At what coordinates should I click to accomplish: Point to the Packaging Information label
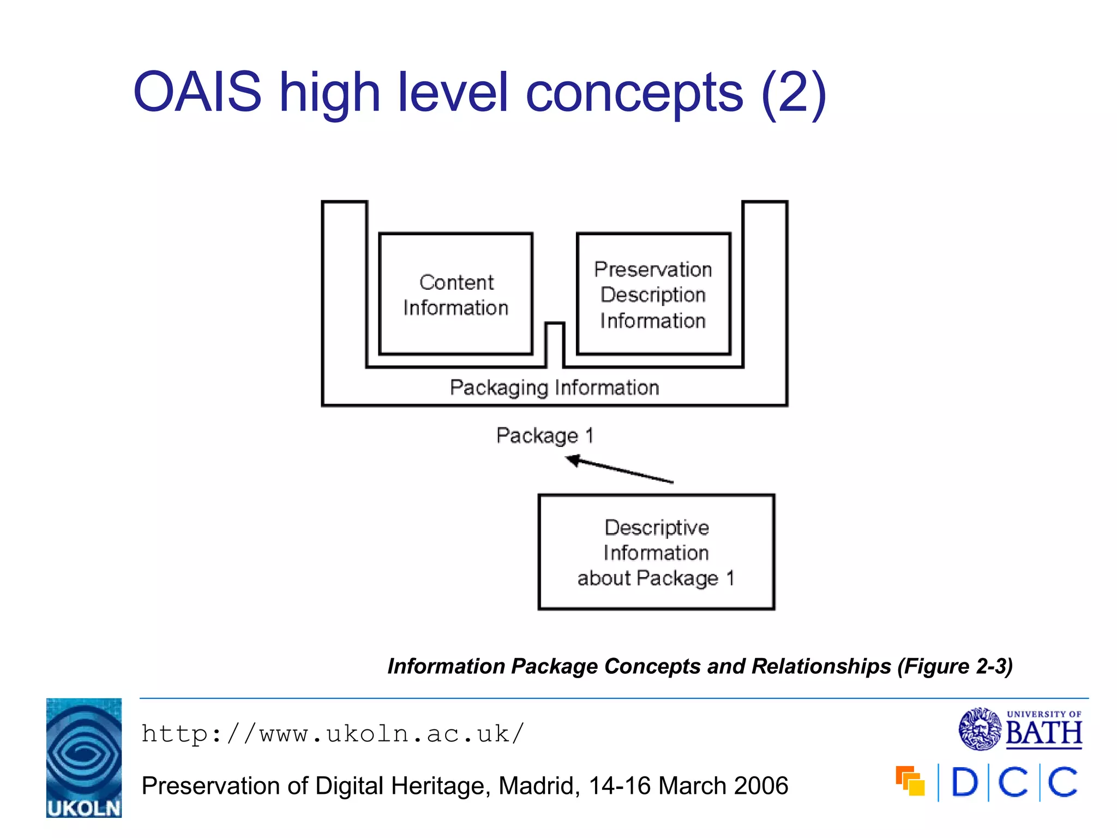(554, 388)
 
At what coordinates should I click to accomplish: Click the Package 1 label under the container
(544, 435)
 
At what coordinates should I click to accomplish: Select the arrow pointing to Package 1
(620, 469)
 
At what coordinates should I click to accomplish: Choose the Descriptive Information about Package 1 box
(656, 552)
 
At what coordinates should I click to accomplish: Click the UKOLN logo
(84, 758)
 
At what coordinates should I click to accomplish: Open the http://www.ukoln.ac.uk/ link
(333, 734)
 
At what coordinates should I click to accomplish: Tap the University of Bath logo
(1020, 729)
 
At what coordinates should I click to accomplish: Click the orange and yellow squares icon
(910, 781)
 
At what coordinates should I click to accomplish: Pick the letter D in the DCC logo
(964, 782)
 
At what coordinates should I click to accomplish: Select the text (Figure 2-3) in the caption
(955, 666)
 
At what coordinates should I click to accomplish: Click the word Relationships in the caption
(821, 666)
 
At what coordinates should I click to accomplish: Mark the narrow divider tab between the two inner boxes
(555, 344)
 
